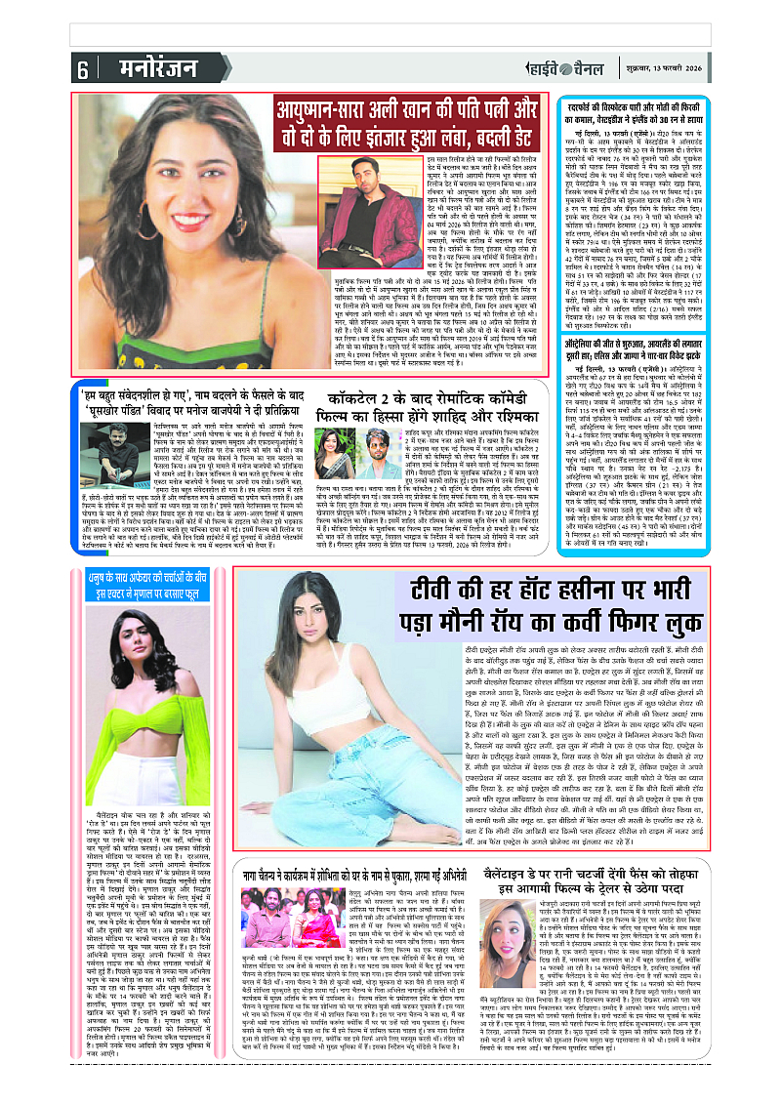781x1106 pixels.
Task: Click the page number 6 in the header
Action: [x=83, y=69]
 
